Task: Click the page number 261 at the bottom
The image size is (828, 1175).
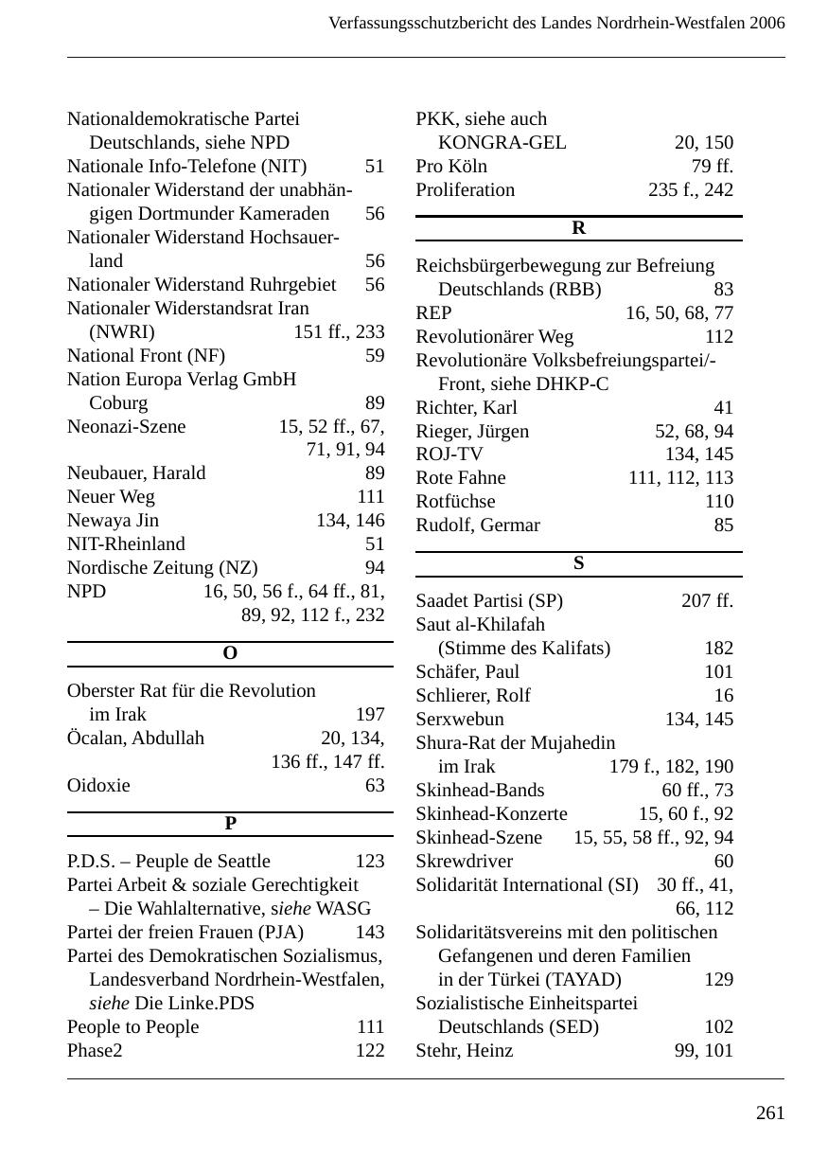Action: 769,1113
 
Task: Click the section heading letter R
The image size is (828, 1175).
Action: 578,228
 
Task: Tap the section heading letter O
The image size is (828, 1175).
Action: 229,654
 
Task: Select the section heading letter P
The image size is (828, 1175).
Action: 230,824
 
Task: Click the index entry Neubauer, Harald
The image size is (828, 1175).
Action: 136,473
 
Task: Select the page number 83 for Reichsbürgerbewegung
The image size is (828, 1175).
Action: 723,290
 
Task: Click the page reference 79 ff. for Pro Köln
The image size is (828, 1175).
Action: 712,167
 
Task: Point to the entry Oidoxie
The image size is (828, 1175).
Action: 98,786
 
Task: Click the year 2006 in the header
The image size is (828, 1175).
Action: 766,23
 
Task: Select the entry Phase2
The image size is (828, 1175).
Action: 95,1051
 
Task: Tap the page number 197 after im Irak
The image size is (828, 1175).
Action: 369,715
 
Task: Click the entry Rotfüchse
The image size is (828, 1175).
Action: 455,502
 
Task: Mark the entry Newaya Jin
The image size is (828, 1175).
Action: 113,521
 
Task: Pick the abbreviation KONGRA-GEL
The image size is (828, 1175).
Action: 502,143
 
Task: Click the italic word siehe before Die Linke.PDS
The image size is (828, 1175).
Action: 110,1004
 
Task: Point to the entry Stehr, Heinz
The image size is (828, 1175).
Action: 464,1051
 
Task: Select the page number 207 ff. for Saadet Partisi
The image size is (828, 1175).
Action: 707,601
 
